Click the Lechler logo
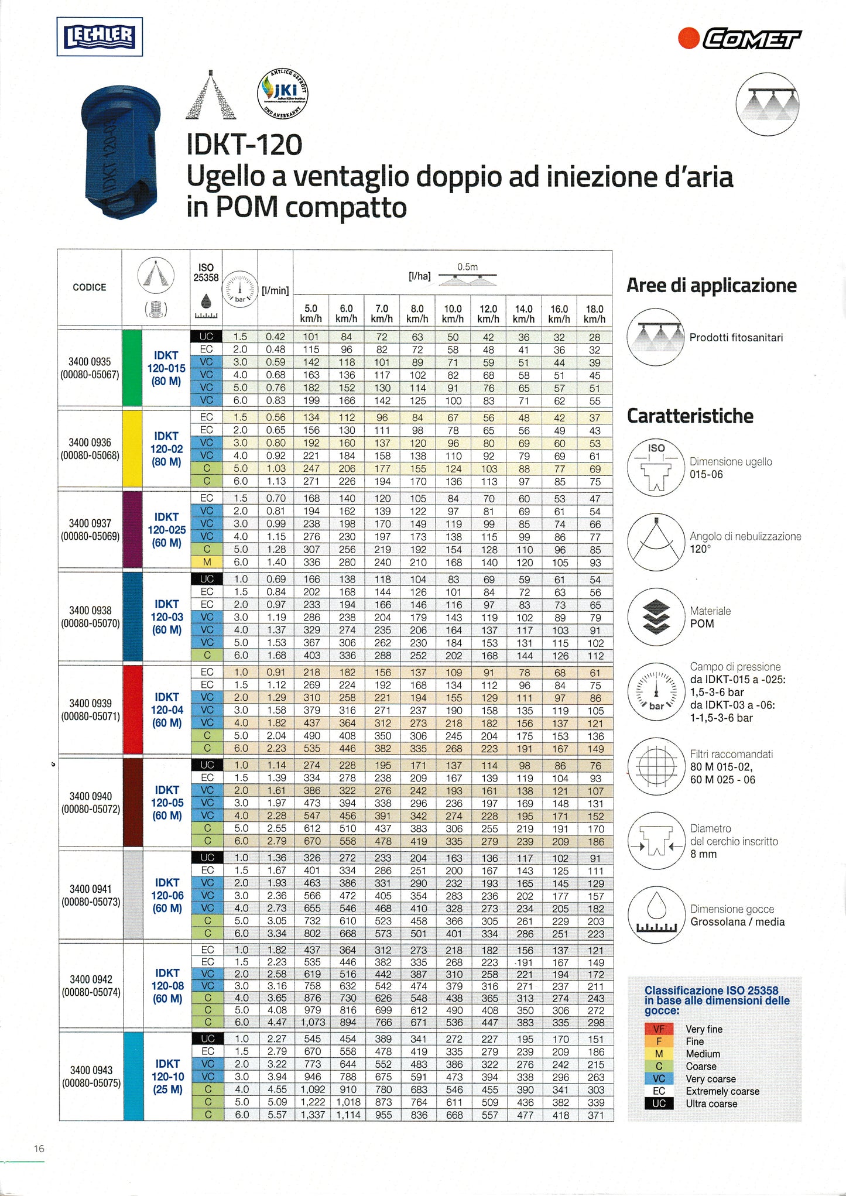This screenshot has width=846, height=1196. (100, 37)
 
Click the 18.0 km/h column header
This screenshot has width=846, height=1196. (594, 313)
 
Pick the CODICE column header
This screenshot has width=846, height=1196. (90, 287)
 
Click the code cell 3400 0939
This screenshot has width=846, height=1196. (90, 702)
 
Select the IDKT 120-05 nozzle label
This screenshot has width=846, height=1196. (167, 803)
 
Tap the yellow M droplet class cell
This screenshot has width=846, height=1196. (207, 562)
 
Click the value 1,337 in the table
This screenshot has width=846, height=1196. (313, 1115)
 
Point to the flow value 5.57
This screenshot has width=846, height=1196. (276, 1115)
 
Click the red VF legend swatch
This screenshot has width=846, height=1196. (659, 1029)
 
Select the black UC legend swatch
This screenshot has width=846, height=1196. (659, 1104)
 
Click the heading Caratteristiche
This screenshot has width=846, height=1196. (690, 416)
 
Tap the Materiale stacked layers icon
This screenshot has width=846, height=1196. (656, 616)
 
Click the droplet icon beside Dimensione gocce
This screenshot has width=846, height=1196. (656, 914)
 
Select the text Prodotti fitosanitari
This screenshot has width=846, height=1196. (735, 338)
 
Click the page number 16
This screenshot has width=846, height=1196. (39, 1149)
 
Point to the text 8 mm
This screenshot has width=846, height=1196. (703, 854)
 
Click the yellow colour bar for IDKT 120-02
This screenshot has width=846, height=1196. (132, 448)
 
